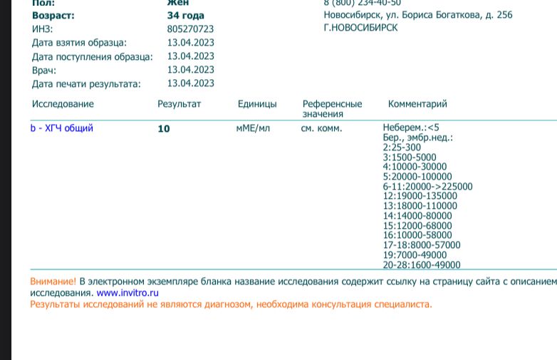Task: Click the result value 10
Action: click(x=164, y=129)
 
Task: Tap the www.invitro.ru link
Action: click(x=127, y=292)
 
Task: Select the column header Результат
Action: click(x=179, y=104)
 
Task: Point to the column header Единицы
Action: click(x=257, y=104)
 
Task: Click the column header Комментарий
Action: click(x=417, y=104)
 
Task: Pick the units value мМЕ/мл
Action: click(x=253, y=128)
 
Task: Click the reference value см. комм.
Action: click(x=321, y=128)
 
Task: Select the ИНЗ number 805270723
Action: click(x=190, y=29)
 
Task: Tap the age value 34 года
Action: click(x=185, y=16)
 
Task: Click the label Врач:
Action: click(x=44, y=71)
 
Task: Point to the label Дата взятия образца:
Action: click(x=79, y=43)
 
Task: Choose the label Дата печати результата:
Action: click(x=86, y=84)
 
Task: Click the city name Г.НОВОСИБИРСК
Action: click(x=360, y=28)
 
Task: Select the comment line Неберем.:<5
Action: click(x=411, y=128)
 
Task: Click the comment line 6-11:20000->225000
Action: click(x=427, y=187)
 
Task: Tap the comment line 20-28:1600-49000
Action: click(x=422, y=265)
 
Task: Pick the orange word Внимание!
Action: click(x=53, y=282)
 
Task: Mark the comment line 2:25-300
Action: click(x=402, y=148)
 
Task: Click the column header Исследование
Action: click(x=63, y=104)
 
